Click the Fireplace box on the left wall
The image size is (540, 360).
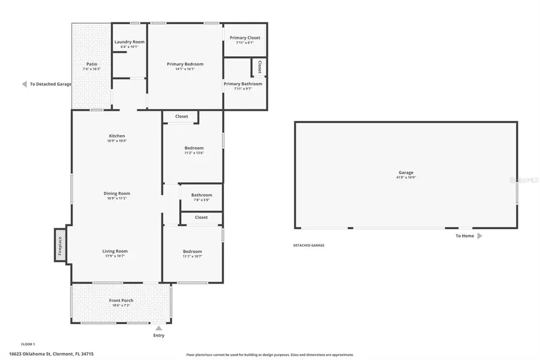pyautogui.click(x=60, y=245)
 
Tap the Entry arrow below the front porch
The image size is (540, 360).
pyautogui.click(x=158, y=328)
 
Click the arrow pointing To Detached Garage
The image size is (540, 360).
pyautogui.click(x=24, y=85)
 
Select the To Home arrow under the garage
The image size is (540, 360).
pyautogui.click(x=479, y=236)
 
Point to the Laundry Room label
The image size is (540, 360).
pyautogui.click(x=130, y=42)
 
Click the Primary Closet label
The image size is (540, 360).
pyautogui.click(x=245, y=38)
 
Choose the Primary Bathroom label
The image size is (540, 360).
pyautogui.click(x=243, y=84)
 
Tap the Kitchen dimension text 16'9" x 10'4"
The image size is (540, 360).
pyautogui.click(x=117, y=141)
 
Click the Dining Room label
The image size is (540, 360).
pyautogui.click(x=117, y=194)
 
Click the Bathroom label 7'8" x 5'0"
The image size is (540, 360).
pyautogui.click(x=202, y=200)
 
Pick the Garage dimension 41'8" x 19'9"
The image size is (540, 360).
pyautogui.click(x=406, y=178)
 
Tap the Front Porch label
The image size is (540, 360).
pyautogui.click(x=121, y=301)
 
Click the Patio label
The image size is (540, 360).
pyautogui.click(x=92, y=64)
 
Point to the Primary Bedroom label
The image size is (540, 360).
pyautogui.click(x=185, y=64)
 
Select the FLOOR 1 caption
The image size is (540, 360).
pyautogui.click(x=28, y=344)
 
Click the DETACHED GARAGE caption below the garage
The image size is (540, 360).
pyautogui.click(x=309, y=245)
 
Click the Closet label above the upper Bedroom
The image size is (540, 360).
pyautogui.click(x=182, y=116)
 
